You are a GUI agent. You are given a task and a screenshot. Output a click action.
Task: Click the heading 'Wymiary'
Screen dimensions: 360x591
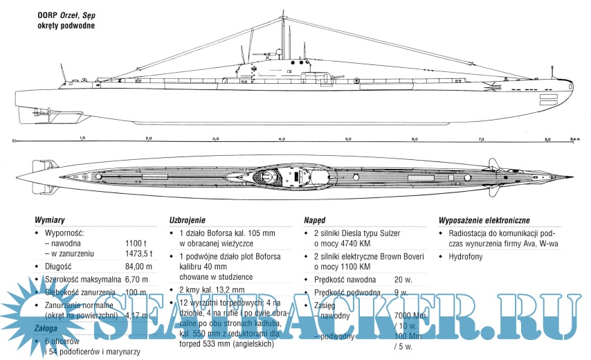pos(49,219)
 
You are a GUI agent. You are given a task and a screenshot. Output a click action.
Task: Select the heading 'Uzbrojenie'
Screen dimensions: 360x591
pos(188,219)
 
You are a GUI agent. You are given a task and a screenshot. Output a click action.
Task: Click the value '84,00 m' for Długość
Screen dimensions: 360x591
pos(138,266)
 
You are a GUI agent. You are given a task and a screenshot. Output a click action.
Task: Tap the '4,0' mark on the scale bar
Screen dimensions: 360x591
pos(282,139)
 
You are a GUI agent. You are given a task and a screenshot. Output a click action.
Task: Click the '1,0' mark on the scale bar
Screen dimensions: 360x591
pos(82,139)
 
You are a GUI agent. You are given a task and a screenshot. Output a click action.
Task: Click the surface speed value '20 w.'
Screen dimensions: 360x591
pos(404,279)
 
